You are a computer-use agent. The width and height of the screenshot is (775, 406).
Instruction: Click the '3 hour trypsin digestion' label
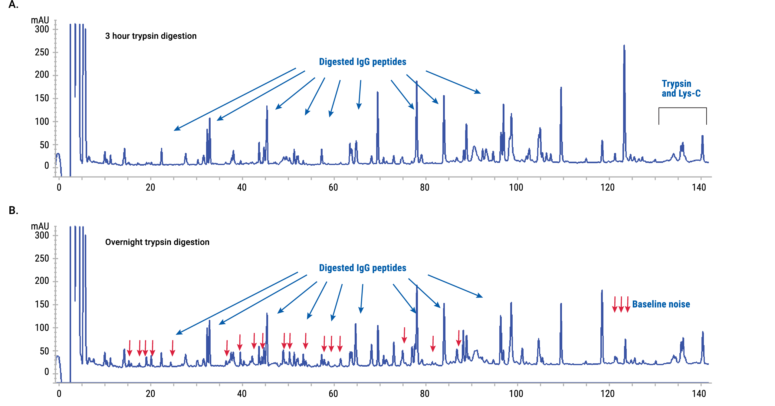coord(151,36)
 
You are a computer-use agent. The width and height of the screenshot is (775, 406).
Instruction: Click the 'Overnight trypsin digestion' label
coord(157,242)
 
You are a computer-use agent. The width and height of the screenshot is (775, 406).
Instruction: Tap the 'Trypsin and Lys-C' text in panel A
coord(681,88)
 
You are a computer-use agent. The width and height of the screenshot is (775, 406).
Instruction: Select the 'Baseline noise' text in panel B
coord(661,304)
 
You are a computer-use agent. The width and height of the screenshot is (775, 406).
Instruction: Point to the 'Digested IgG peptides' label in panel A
coord(363,62)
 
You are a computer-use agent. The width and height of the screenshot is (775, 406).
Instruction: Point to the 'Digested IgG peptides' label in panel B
coord(363,268)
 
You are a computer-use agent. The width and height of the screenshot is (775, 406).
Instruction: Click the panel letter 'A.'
coord(13,5)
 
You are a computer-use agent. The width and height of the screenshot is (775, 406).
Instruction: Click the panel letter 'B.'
coord(13,210)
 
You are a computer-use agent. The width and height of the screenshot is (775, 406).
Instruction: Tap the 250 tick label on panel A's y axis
coord(42,52)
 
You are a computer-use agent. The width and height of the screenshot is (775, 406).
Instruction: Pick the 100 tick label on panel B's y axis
coord(42,328)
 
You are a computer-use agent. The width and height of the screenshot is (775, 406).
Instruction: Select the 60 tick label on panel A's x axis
coord(333,187)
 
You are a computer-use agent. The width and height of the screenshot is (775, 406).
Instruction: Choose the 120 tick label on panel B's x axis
coord(607,394)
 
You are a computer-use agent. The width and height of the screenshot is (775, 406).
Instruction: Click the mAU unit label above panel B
coord(40,226)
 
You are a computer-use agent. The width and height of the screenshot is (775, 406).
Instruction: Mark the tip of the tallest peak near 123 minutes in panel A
coord(624,46)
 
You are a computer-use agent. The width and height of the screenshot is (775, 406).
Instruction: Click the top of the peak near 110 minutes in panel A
coord(561,88)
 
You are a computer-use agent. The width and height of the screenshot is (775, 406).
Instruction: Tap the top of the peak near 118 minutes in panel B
coord(602,291)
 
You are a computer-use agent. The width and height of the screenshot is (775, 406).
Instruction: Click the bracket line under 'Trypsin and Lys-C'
coord(682,108)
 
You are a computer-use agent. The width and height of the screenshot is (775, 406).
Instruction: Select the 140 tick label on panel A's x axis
coord(699,187)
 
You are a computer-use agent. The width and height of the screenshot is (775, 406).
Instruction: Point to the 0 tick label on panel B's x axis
coord(59,394)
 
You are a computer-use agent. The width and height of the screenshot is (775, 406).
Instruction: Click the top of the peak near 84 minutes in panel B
coord(444,304)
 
